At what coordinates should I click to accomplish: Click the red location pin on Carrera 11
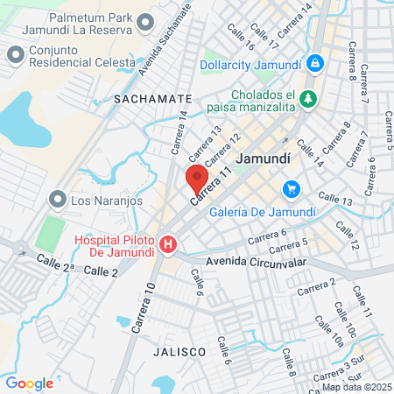pos(193,179)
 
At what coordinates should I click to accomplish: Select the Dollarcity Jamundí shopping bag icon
pos(316,63)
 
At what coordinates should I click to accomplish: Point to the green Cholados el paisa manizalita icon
pos(307,100)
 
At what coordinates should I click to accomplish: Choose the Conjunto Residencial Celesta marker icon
pos(15,54)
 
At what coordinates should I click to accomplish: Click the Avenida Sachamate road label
pos(165,39)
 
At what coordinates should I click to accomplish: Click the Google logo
pos(29,383)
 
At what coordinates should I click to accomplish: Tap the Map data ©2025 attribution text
pos(355,387)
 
